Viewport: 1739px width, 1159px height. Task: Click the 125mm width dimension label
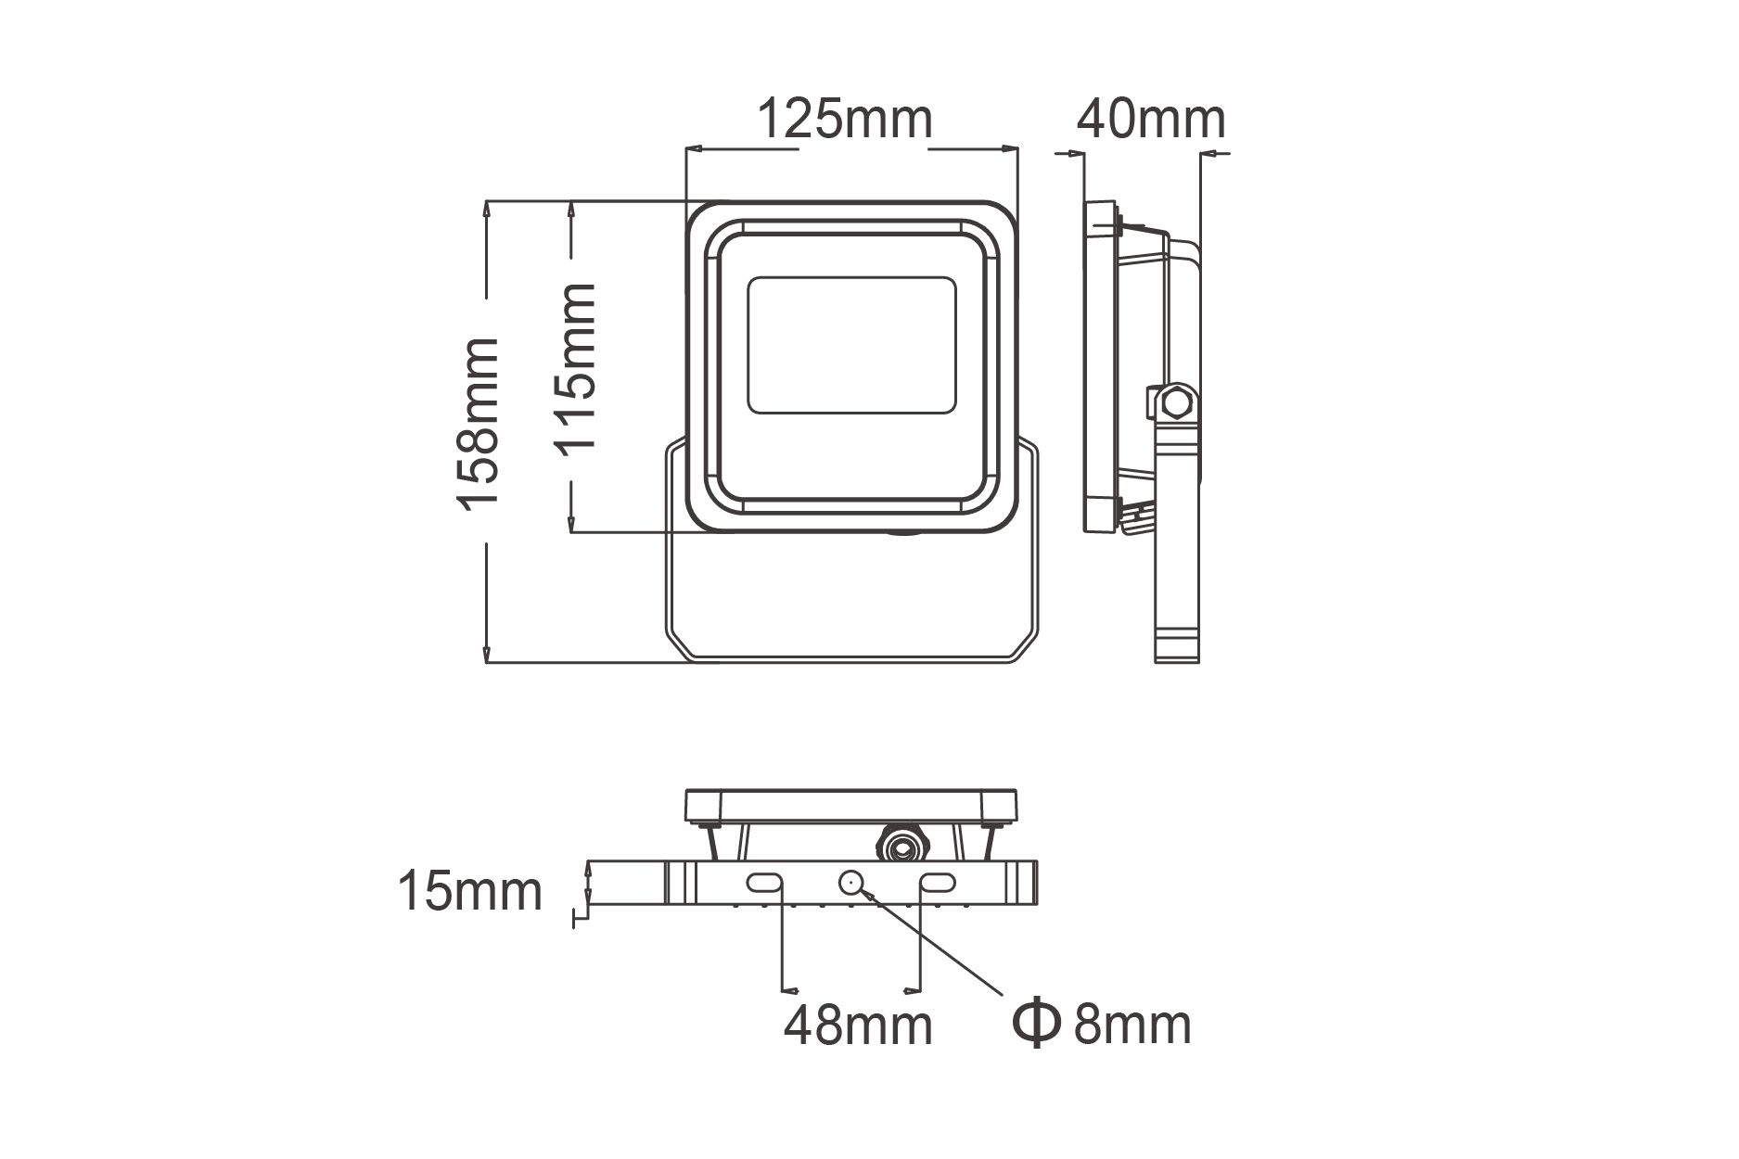845,120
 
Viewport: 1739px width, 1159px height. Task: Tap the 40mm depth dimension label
1150,120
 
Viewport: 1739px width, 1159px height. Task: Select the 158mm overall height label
479,423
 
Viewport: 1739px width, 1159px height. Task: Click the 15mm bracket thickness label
469,891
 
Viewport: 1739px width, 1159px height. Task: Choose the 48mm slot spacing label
857,1025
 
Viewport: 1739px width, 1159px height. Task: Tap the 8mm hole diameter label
1132,1024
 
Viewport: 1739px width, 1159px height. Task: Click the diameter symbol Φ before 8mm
1035,1023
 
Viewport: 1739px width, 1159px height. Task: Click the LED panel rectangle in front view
851,344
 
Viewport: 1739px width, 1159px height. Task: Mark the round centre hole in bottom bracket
851,883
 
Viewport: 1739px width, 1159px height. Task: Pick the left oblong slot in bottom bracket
766,883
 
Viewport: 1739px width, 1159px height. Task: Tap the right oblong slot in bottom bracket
938,883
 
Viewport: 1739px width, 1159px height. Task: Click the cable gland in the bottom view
900,844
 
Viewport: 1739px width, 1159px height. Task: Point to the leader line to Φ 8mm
937,941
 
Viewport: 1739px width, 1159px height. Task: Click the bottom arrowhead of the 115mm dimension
573,524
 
